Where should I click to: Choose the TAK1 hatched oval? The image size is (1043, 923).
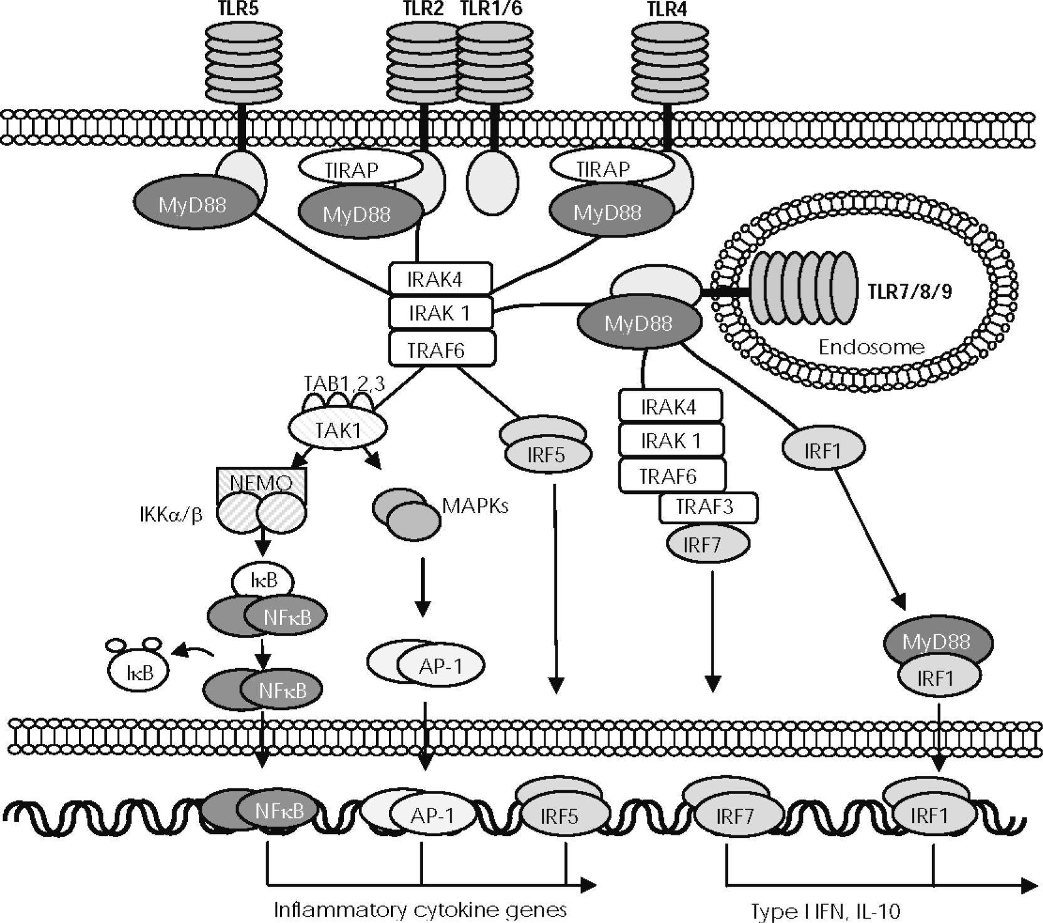(337, 430)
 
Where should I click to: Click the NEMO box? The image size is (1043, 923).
(261, 483)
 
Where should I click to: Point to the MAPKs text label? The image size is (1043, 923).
(475, 505)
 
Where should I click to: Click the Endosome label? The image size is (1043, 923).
(871, 347)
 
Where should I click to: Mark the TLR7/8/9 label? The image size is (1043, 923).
(910, 291)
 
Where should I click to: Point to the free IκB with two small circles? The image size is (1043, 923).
(139, 672)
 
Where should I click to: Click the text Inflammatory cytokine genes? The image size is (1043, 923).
(420, 909)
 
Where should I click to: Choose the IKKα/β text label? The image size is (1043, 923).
(171, 515)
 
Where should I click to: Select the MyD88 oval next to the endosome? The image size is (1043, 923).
(638, 323)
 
